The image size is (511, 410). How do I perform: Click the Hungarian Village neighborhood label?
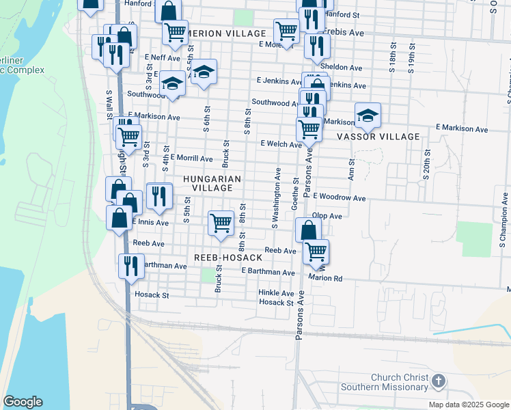click(212, 183)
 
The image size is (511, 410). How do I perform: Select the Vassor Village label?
click(378, 137)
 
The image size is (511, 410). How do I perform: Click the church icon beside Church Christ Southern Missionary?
click(439, 381)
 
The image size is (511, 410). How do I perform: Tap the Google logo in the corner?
click(23, 402)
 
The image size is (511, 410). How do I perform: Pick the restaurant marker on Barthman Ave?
click(130, 265)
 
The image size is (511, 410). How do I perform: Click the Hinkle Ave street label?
click(276, 292)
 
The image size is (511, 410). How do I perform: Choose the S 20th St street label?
click(426, 165)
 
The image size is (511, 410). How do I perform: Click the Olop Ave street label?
click(327, 216)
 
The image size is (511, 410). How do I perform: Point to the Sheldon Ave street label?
click(341, 68)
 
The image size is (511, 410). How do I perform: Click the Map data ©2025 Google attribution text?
click(468, 405)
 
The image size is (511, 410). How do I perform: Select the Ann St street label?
click(352, 168)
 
